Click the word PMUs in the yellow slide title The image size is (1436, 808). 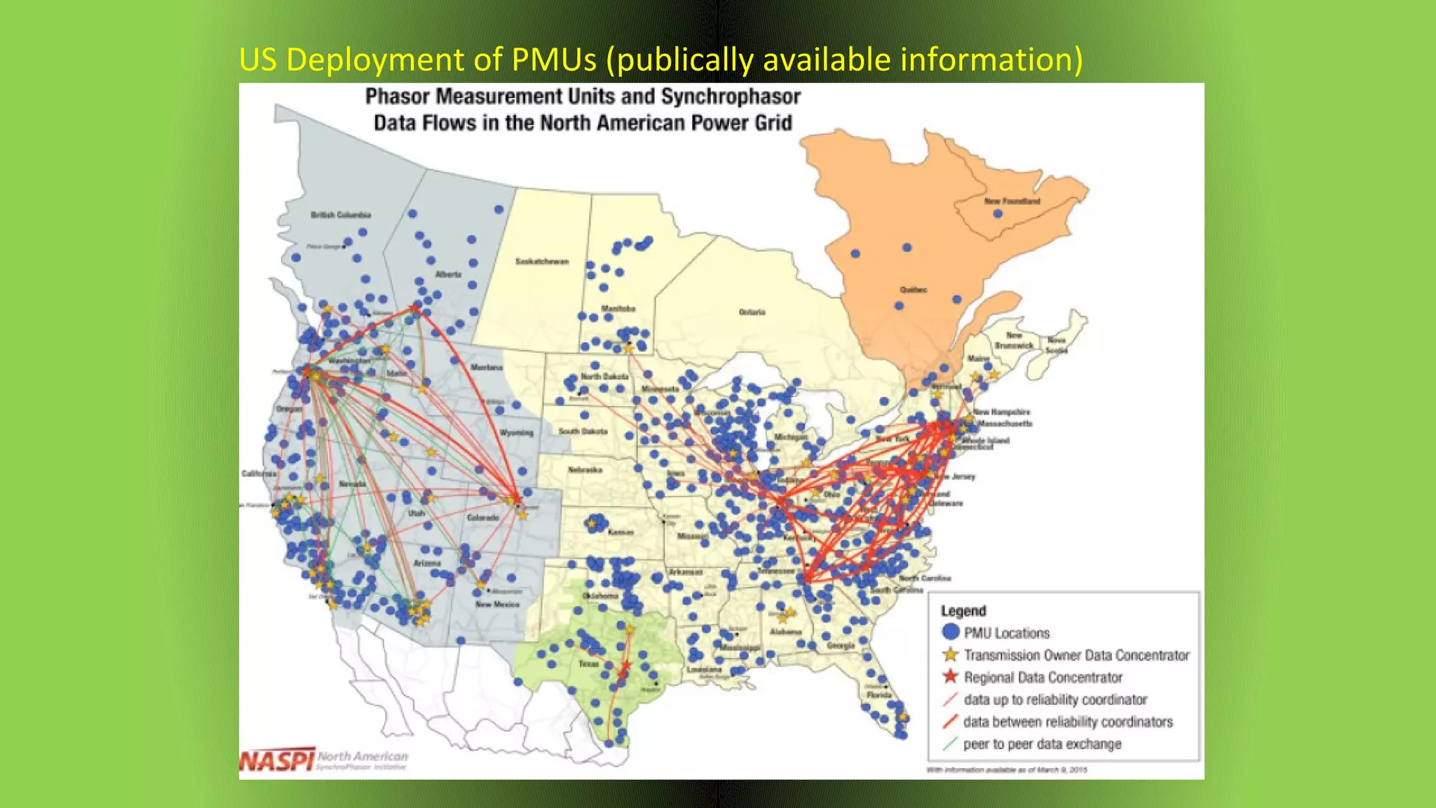(554, 60)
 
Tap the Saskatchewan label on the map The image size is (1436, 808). (542, 262)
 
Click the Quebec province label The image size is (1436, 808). (914, 290)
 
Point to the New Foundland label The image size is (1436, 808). (1012, 201)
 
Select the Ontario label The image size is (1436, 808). (752, 312)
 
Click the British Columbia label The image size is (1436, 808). (341, 215)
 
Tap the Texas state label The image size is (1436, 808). (588, 664)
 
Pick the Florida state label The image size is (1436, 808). (879, 695)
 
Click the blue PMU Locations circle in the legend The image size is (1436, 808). (950, 632)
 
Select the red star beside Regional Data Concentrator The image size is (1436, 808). (950, 677)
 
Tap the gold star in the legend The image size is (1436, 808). (950, 654)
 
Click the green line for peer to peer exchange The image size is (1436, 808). (950, 743)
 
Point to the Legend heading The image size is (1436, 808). (963, 611)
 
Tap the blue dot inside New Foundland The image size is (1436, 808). (998, 213)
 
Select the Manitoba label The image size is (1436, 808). (618, 309)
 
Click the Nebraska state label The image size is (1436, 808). (585, 470)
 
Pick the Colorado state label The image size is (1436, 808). (483, 518)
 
